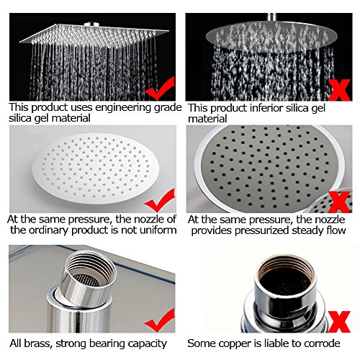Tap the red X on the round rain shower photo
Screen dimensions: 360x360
[x=339, y=90]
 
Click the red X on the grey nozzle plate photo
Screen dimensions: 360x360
[x=339, y=202]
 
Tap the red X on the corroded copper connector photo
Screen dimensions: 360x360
[x=339, y=322]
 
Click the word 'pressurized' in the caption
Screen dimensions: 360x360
[x=262, y=231]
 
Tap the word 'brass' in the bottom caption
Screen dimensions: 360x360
[x=38, y=343]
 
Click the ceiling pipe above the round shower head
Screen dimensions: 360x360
[x=272, y=17]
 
